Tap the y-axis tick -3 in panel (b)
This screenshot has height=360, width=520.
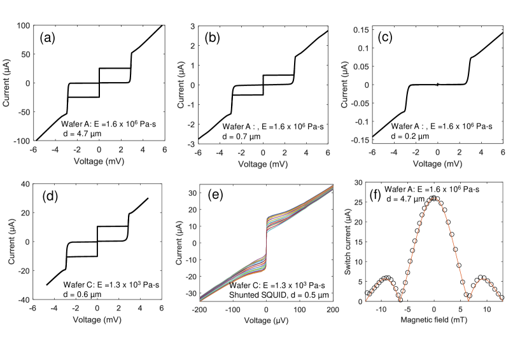[190, 144]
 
